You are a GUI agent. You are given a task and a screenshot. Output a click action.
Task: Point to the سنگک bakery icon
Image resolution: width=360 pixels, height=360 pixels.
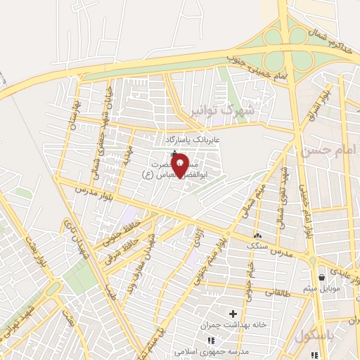(257, 236)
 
